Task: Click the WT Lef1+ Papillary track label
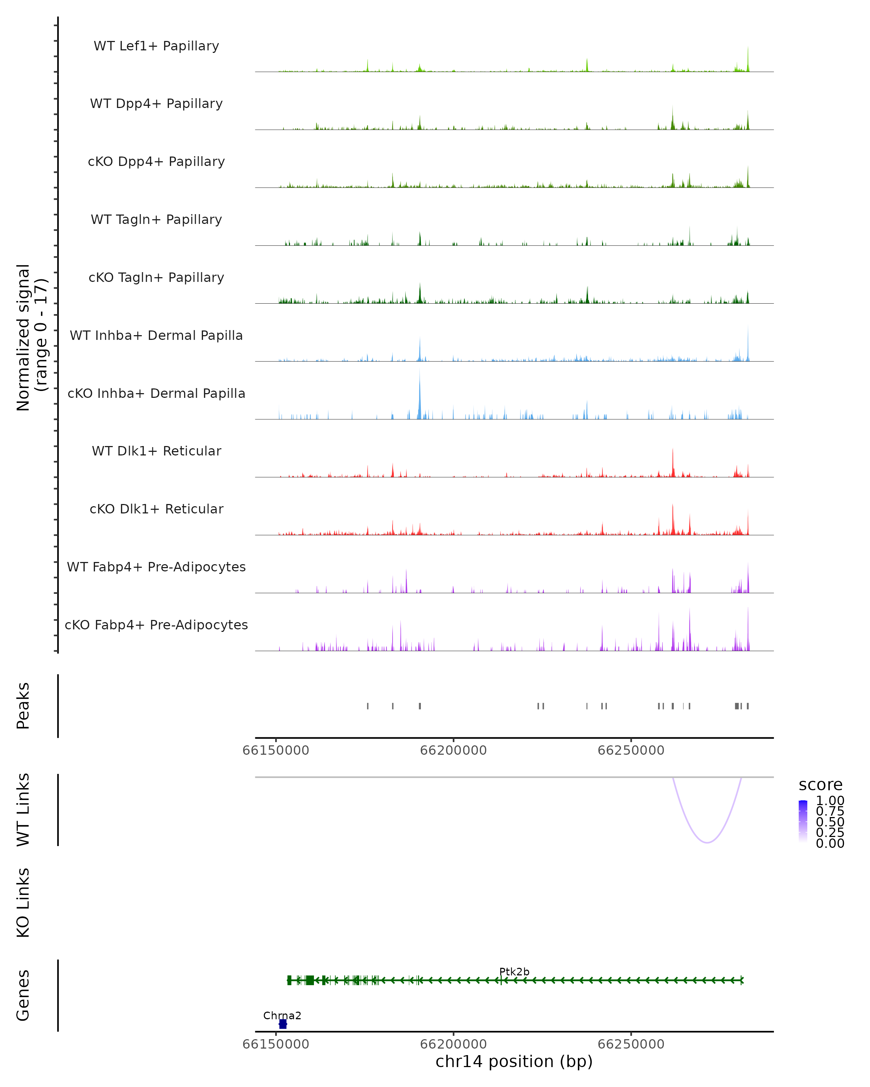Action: click(x=156, y=46)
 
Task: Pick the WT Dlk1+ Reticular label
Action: click(x=156, y=451)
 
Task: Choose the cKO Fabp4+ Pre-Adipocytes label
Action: click(x=156, y=625)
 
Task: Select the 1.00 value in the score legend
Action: click(x=830, y=801)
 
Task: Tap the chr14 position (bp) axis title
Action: click(x=514, y=1062)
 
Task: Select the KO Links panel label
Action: click(x=23, y=903)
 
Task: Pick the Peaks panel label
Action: click(x=23, y=706)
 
